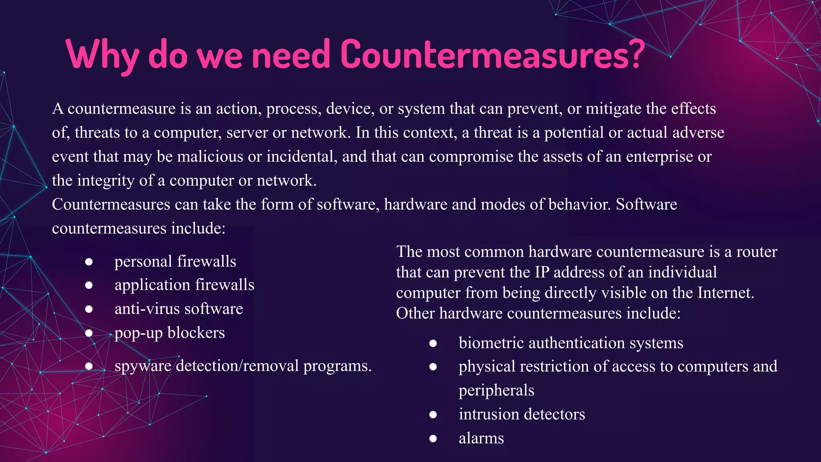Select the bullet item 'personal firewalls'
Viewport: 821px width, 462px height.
[x=175, y=261]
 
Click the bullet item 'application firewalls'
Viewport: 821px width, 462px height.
[x=184, y=285]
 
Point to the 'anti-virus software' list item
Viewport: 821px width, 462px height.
[x=179, y=309]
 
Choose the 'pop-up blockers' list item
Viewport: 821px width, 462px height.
[x=170, y=333]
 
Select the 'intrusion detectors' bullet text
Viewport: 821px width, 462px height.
[x=522, y=414]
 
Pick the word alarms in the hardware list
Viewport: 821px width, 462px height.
[x=481, y=438]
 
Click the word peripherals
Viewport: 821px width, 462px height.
[x=496, y=390]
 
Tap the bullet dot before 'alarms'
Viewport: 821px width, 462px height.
[x=433, y=438]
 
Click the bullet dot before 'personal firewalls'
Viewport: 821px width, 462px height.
[x=89, y=262]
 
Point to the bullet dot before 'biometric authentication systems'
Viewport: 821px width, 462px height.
[x=433, y=343]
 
